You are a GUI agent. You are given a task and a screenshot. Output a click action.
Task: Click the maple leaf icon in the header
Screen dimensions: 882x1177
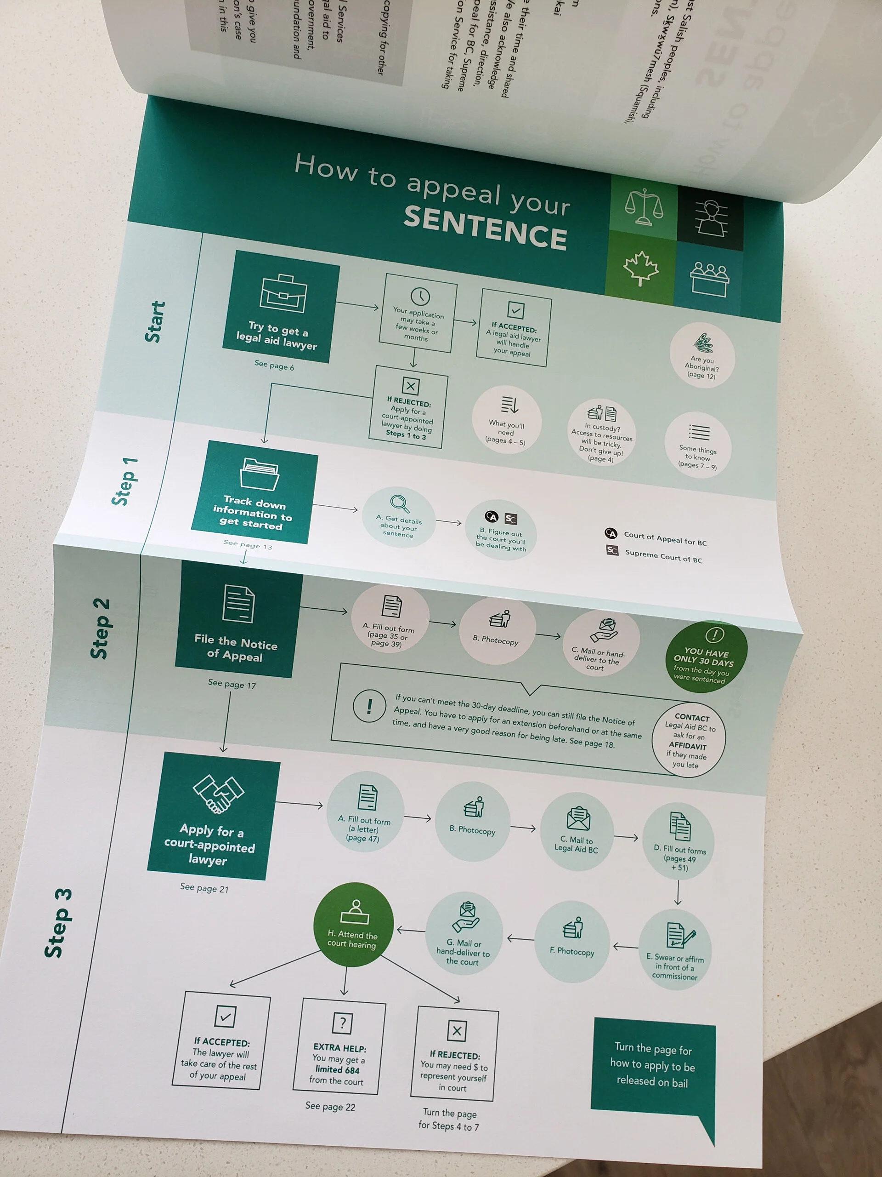coord(641,268)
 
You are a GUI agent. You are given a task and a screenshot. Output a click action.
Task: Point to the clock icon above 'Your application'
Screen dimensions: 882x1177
coord(420,297)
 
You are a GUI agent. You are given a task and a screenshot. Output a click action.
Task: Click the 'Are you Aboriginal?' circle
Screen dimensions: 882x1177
coord(702,355)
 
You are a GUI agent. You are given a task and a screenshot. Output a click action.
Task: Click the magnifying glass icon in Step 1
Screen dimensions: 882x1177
coord(399,503)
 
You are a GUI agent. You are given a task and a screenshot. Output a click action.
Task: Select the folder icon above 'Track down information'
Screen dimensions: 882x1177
coord(259,473)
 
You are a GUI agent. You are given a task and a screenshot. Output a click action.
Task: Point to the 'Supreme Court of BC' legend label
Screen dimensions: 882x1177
coord(663,555)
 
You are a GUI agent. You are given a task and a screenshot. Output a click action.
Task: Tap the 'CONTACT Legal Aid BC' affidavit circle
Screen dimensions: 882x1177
coord(689,740)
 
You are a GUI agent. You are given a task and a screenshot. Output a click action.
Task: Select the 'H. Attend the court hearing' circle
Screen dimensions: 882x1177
coord(354,924)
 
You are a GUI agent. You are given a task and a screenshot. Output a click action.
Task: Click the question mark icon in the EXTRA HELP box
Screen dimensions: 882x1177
coord(342,1022)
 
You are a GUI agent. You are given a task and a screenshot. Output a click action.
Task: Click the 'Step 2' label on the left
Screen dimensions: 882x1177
coord(101,628)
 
